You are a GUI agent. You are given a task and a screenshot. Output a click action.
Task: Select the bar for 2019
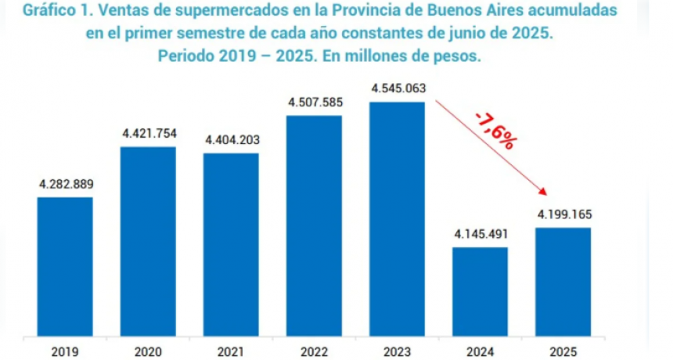point(65,266)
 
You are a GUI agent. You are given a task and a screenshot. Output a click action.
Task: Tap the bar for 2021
point(232,244)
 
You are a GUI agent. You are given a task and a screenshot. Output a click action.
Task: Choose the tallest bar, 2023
point(398,219)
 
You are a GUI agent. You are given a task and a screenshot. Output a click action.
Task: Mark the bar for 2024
point(480,291)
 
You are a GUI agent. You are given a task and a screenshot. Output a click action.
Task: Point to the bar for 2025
point(563,282)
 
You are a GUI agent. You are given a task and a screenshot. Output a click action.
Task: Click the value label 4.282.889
point(66,185)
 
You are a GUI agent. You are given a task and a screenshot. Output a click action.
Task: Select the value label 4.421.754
point(149,134)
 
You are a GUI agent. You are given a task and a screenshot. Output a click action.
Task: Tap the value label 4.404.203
point(232,140)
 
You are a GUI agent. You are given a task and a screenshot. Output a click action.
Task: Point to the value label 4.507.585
point(315,103)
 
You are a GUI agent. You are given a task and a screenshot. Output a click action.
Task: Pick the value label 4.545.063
point(399,88)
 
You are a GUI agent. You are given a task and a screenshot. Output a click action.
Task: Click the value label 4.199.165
point(563,214)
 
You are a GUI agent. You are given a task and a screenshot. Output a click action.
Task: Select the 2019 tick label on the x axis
point(65,351)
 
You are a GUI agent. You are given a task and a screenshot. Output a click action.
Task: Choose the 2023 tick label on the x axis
point(398,351)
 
